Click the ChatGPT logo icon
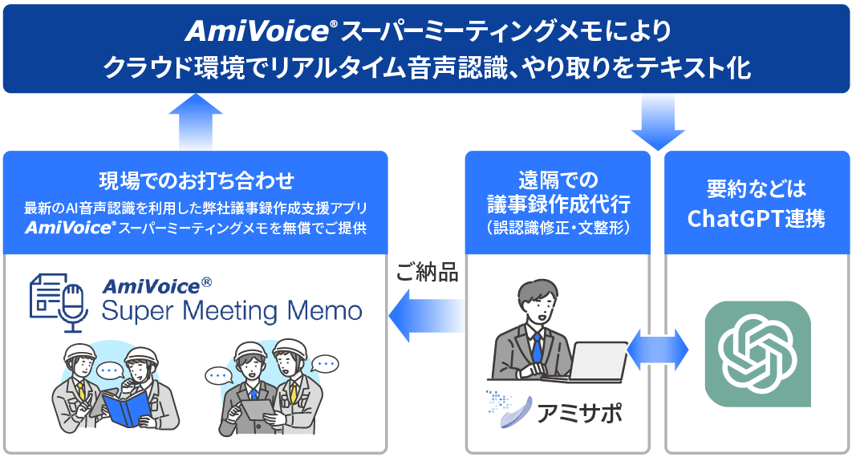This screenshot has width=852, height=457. [x=757, y=354]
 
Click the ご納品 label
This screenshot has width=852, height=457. [x=427, y=273]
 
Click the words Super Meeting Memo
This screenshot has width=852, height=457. [x=232, y=310]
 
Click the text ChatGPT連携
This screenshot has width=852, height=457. [x=757, y=218]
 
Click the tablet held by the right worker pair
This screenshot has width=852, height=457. [x=255, y=412]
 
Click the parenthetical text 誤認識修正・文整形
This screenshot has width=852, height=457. [x=558, y=227]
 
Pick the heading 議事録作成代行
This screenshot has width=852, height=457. [x=558, y=202]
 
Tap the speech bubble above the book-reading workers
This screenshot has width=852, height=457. [x=109, y=372]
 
